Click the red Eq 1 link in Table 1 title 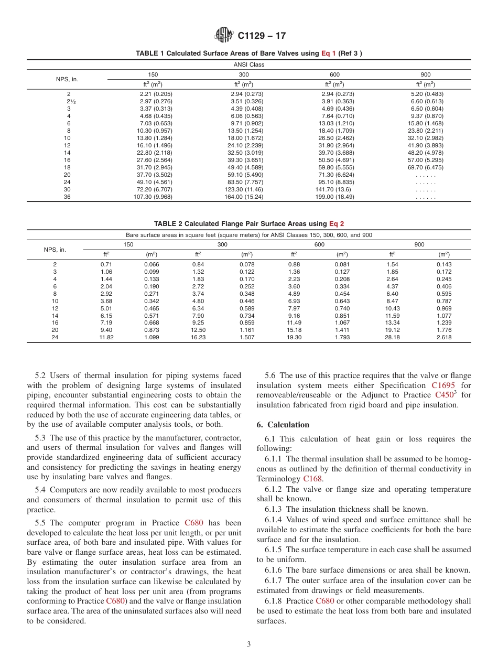pos(328,53)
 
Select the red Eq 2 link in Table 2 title pos(337,223)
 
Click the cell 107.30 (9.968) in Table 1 pos(153,197)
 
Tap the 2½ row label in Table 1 pos(69,101)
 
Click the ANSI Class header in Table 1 pos(248,64)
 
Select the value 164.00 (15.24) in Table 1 pos(243,197)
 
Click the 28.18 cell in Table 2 pos(392,338)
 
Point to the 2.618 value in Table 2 pos(444,338)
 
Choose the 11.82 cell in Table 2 pos(106,338)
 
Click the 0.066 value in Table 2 pos(151,265)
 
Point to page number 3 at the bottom pos(249,644)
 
